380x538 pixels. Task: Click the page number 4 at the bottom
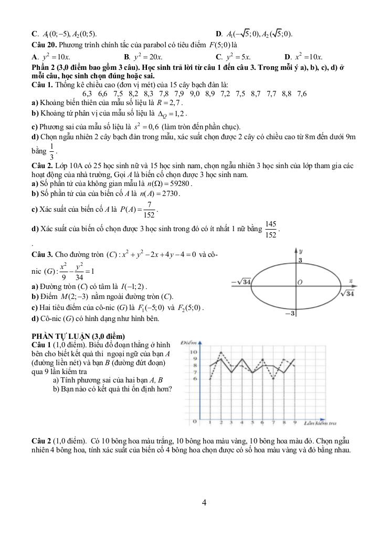point(204,503)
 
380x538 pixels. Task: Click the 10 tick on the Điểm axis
point(194,352)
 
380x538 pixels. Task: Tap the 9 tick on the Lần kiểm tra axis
point(294,422)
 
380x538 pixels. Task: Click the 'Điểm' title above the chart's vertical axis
point(188,342)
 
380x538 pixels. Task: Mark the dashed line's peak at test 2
point(221,353)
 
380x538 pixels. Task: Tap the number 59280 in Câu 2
point(181,184)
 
